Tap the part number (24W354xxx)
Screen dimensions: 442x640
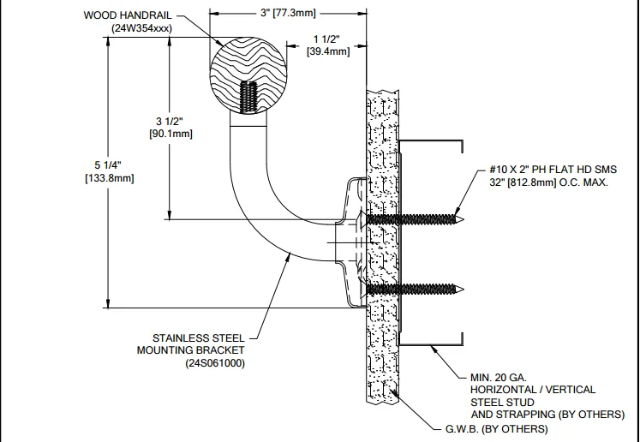coord(139,28)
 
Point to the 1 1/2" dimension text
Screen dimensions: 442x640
coord(327,39)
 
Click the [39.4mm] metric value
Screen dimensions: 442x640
coord(327,51)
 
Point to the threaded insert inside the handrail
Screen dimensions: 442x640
coord(249,97)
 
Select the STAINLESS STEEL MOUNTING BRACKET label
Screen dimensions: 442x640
coord(191,343)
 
